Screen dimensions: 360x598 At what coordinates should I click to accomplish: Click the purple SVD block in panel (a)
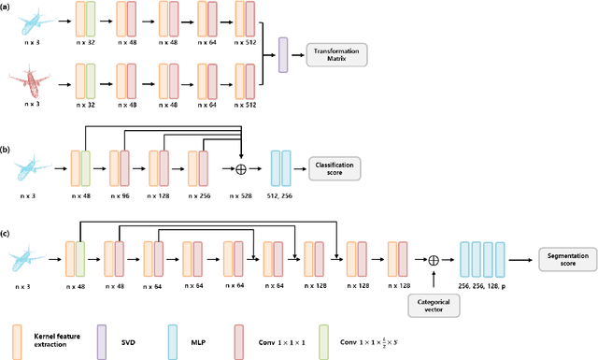pos(283,53)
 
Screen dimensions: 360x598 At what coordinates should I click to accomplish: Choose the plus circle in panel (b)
pos(242,168)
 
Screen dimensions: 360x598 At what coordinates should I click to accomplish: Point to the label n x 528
pos(242,197)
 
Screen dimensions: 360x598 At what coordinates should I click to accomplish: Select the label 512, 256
pos(281,197)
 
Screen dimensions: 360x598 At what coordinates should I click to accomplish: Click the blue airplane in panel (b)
pos(31,168)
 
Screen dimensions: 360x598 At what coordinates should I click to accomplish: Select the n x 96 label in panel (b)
pos(120,197)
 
